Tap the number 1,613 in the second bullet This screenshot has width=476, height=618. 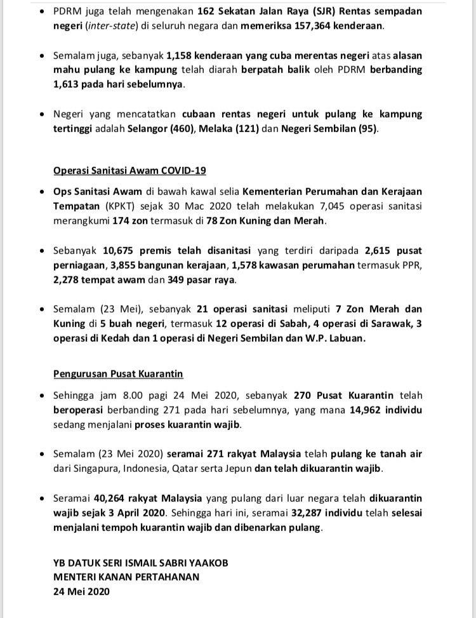[x=67, y=84]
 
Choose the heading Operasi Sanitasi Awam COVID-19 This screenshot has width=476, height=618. [x=129, y=170]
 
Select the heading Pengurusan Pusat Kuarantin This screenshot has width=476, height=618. [x=118, y=374]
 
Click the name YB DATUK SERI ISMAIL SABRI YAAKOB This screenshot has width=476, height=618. [x=140, y=563]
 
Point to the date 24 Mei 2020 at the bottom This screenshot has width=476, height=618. [x=81, y=591]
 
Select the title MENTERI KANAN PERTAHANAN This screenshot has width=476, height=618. [x=126, y=577]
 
